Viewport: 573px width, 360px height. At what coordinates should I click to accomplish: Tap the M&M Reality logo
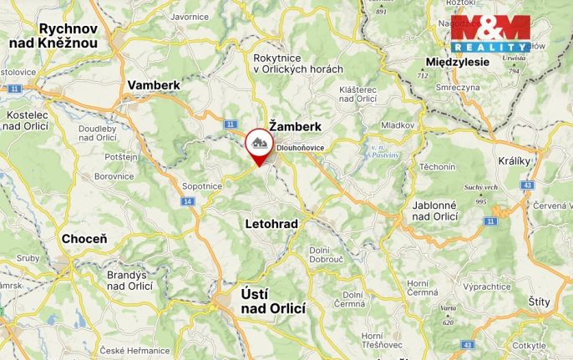click(x=490, y=34)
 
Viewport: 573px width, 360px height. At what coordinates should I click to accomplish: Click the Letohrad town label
click(x=271, y=224)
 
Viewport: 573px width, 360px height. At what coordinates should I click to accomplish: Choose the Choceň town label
click(x=84, y=239)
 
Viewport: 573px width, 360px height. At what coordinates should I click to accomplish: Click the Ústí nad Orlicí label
click(x=273, y=302)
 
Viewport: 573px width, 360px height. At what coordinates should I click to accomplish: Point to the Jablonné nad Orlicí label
click(x=435, y=210)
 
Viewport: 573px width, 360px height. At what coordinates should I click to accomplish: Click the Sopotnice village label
click(x=202, y=186)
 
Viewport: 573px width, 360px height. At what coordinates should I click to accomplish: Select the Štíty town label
click(x=544, y=302)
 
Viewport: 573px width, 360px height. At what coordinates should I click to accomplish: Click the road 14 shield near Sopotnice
click(x=186, y=201)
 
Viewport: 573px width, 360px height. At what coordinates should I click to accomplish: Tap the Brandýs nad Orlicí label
click(x=129, y=280)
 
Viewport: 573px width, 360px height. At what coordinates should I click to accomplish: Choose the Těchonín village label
click(x=438, y=167)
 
